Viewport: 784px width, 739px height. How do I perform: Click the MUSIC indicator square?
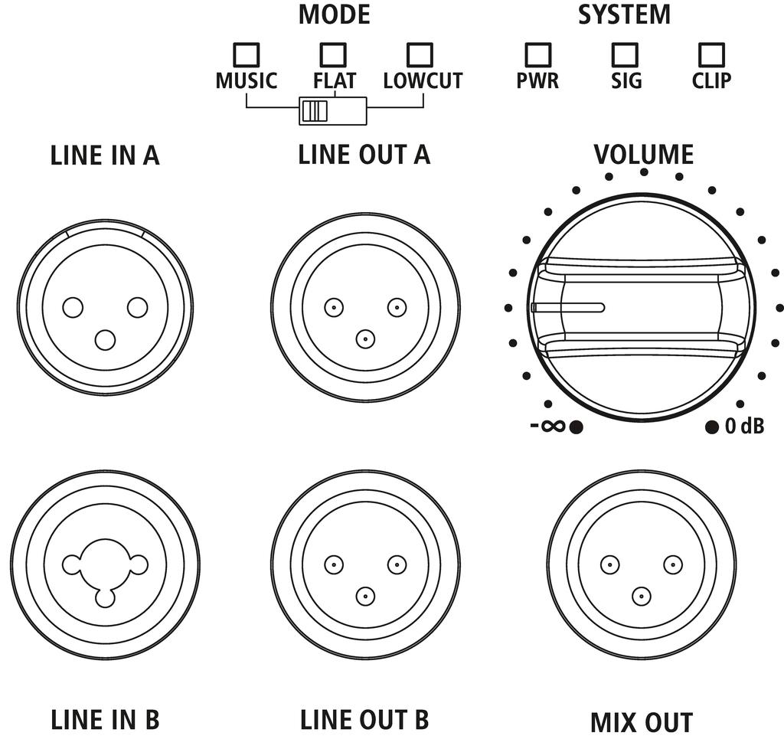click(x=246, y=54)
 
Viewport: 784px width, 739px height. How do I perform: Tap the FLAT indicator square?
click(x=333, y=54)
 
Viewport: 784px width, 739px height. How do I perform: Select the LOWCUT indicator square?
click(x=420, y=54)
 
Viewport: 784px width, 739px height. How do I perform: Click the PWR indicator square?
click(x=537, y=54)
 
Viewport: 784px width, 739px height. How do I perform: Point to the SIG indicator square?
click(x=625, y=54)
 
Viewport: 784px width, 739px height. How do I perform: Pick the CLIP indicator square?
click(x=712, y=54)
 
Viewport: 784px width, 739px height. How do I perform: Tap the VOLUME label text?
click(x=643, y=155)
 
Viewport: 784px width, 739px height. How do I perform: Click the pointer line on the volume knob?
click(x=570, y=308)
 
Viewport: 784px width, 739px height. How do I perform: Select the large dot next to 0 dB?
click(x=712, y=427)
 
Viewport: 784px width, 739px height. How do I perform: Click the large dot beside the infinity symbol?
click(x=577, y=427)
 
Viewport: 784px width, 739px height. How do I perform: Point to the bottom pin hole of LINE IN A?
click(x=105, y=339)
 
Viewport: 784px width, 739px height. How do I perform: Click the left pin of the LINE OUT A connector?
click(x=333, y=308)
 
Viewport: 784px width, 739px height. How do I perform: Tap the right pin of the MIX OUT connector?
click(x=673, y=565)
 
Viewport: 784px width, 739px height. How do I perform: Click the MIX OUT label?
click(x=642, y=722)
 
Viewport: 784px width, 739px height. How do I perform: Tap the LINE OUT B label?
click(x=364, y=720)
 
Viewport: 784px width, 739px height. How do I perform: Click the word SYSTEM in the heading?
click(x=624, y=15)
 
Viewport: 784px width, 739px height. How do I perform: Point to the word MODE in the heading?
click(x=334, y=15)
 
